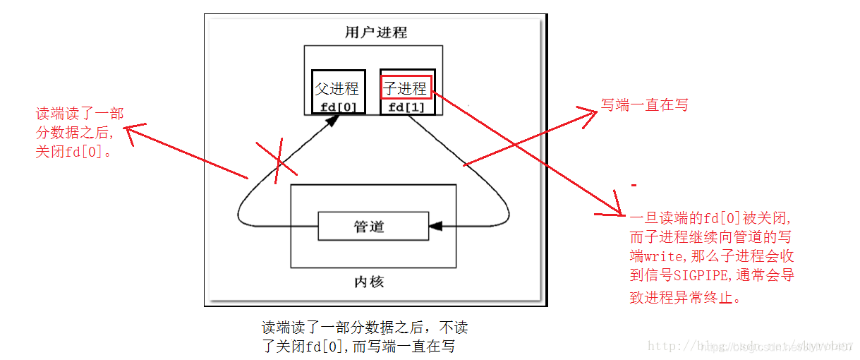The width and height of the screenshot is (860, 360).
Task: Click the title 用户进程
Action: coord(375,32)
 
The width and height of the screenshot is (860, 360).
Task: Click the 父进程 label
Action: coord(337,89)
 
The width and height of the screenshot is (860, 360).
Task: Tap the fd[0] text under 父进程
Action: coord(338,107)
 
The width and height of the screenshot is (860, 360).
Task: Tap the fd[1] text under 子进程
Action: coord(406,107)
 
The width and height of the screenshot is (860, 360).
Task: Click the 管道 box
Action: coord(373,226)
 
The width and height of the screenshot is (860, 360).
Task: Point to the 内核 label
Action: coord(368,282)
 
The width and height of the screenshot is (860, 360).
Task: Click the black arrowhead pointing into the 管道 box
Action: coord(435,226)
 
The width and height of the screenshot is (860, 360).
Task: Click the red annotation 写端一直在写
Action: coord(643,105)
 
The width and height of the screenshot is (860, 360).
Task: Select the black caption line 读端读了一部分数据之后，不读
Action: coord(364,328)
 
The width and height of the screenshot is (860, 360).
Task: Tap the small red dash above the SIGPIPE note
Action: coord(635,186)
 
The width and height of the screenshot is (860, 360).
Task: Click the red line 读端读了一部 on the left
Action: coord(79,114)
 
